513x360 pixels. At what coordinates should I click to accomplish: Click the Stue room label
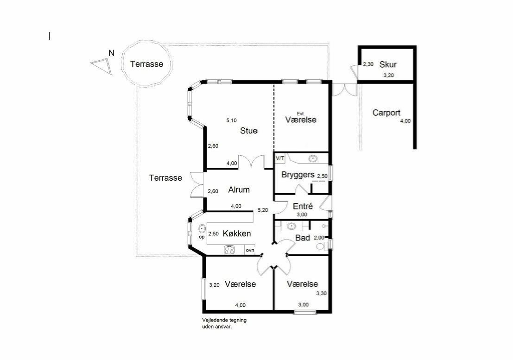click(249, 131)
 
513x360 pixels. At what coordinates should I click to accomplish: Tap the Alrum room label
click(239, 189)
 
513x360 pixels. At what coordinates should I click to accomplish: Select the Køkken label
click(237, 234)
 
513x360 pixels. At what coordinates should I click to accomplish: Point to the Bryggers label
click(298, 175)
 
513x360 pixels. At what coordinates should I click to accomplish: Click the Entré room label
click(303, 206)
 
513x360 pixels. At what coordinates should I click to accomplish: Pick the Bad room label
click(303, 238)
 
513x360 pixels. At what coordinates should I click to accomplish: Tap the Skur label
click(388, 64)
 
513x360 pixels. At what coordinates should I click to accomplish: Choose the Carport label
click(386, 113)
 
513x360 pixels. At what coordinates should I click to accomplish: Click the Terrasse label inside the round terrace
click(146, 64)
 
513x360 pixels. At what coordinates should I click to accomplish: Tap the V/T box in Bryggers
click(280, 158)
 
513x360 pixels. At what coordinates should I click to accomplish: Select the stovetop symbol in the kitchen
click(229, 250)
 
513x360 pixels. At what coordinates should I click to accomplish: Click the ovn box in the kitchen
click(250, 250)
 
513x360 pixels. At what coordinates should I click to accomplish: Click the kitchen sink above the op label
click(202, 228)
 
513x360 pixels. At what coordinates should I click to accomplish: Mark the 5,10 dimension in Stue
click(231, 120)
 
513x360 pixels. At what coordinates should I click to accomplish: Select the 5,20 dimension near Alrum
click(263, 210)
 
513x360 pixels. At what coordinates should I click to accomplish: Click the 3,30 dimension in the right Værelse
click(321, 293)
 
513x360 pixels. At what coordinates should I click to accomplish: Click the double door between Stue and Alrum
click(251, 162)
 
